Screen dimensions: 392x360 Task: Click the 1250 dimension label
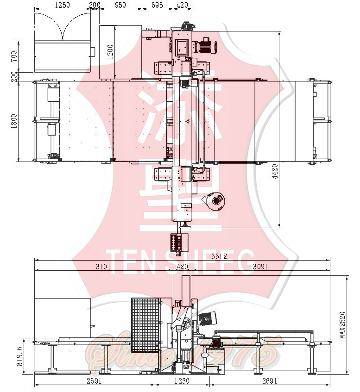pos(62,5)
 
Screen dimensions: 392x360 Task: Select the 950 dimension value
pos(120,5)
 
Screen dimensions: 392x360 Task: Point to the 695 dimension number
pos(157,5)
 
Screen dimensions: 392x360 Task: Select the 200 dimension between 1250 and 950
pos(95,5)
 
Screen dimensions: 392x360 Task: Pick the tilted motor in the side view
pos(207,319)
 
